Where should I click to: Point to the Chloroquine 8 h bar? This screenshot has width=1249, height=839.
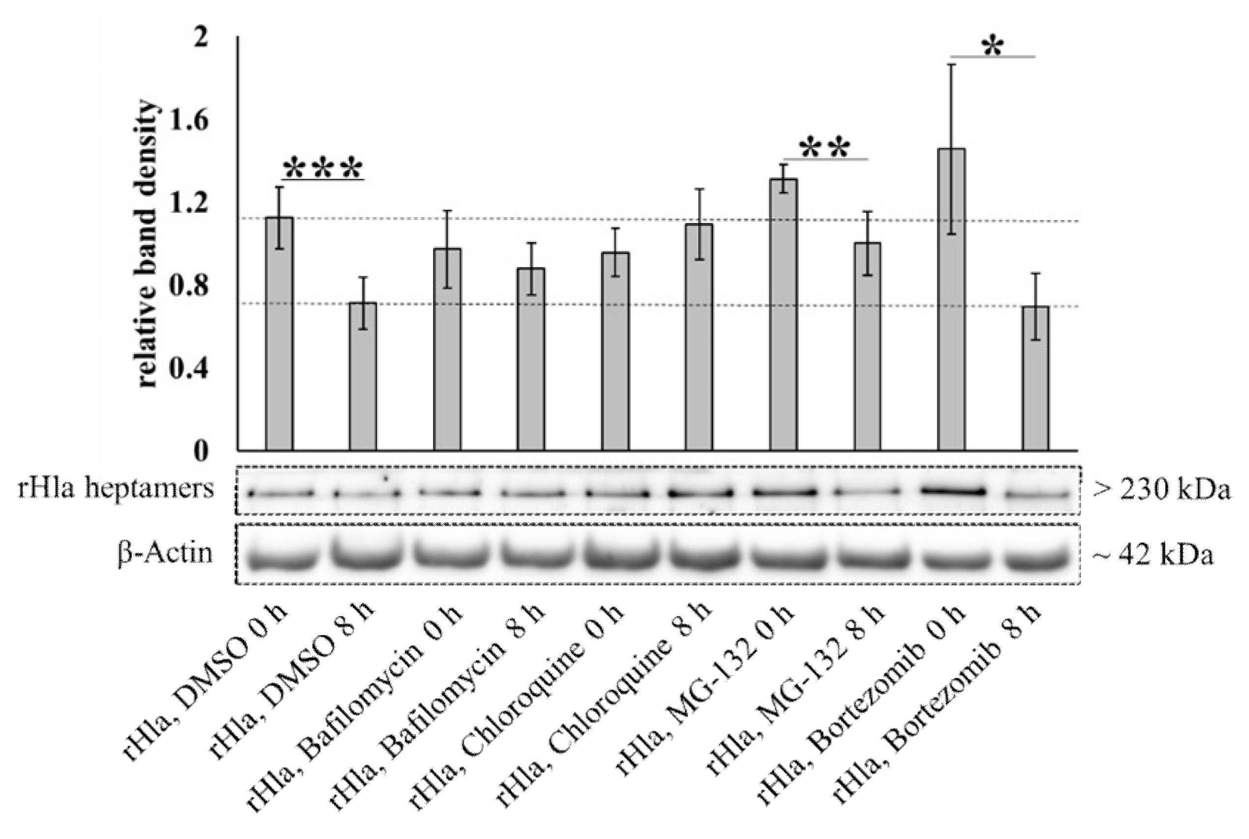tap(698, 337)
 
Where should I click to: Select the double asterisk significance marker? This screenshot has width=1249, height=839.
tap(825, 149)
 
